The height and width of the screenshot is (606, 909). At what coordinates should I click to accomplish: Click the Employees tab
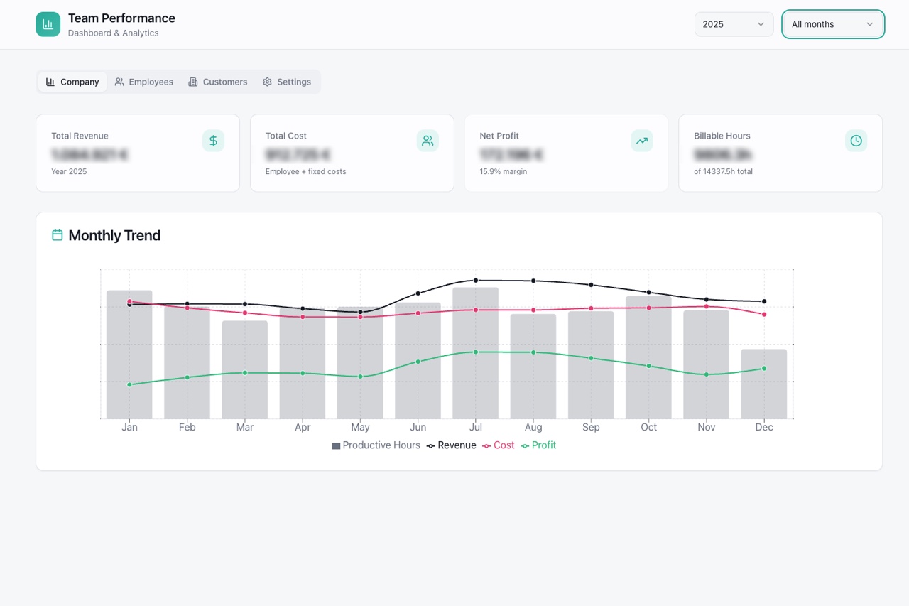[144, 82]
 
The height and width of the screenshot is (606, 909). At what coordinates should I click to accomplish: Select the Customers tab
[217, 82]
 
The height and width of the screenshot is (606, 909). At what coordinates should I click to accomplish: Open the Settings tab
[287, 82]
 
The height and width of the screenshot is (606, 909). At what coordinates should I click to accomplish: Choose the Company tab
[72, 82]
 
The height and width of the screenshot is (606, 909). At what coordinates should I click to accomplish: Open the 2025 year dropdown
[734, 24]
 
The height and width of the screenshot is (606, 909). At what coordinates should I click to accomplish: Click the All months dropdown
[833, 24]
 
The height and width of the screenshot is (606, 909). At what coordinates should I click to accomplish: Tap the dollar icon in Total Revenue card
[213, 141]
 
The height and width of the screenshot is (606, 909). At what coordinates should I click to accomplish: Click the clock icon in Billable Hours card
[856, 141]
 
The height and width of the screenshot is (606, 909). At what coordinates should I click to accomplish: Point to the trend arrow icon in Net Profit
[641, 141]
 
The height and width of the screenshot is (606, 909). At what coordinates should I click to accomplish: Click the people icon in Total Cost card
[428, 141]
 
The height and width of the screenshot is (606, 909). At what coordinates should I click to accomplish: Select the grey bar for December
[764, 391]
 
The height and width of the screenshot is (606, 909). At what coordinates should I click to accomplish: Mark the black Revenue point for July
[476, 281]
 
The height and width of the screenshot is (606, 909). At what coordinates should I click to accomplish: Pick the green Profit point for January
[129, 384]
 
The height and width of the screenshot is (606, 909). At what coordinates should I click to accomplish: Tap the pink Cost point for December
[764, 314]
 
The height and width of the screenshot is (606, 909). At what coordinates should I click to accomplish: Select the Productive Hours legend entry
[376, 445]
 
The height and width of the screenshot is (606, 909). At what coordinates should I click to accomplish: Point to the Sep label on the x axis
[591, 427]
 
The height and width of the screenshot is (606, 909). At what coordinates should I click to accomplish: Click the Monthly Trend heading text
[114, 235]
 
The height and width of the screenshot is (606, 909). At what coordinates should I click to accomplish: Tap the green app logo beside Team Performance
[48, 24]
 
